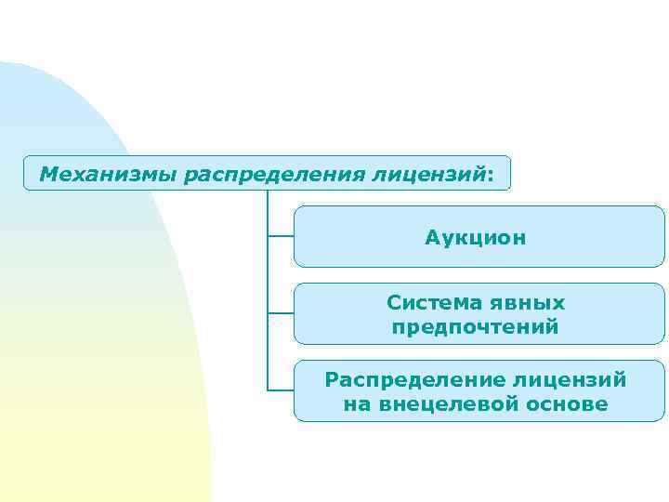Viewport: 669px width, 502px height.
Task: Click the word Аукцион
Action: point(476,238)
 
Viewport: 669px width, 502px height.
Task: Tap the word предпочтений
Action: point(476,327)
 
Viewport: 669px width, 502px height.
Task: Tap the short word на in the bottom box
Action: point(356,404)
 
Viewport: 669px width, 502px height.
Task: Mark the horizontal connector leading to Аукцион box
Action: point(281,236)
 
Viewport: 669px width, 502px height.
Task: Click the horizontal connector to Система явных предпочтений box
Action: point(281,313)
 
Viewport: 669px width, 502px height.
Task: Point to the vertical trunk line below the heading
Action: point(268,279)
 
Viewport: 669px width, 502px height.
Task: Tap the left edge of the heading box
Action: point(23,174)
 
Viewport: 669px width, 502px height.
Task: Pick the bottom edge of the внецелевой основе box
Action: point(479,421)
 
